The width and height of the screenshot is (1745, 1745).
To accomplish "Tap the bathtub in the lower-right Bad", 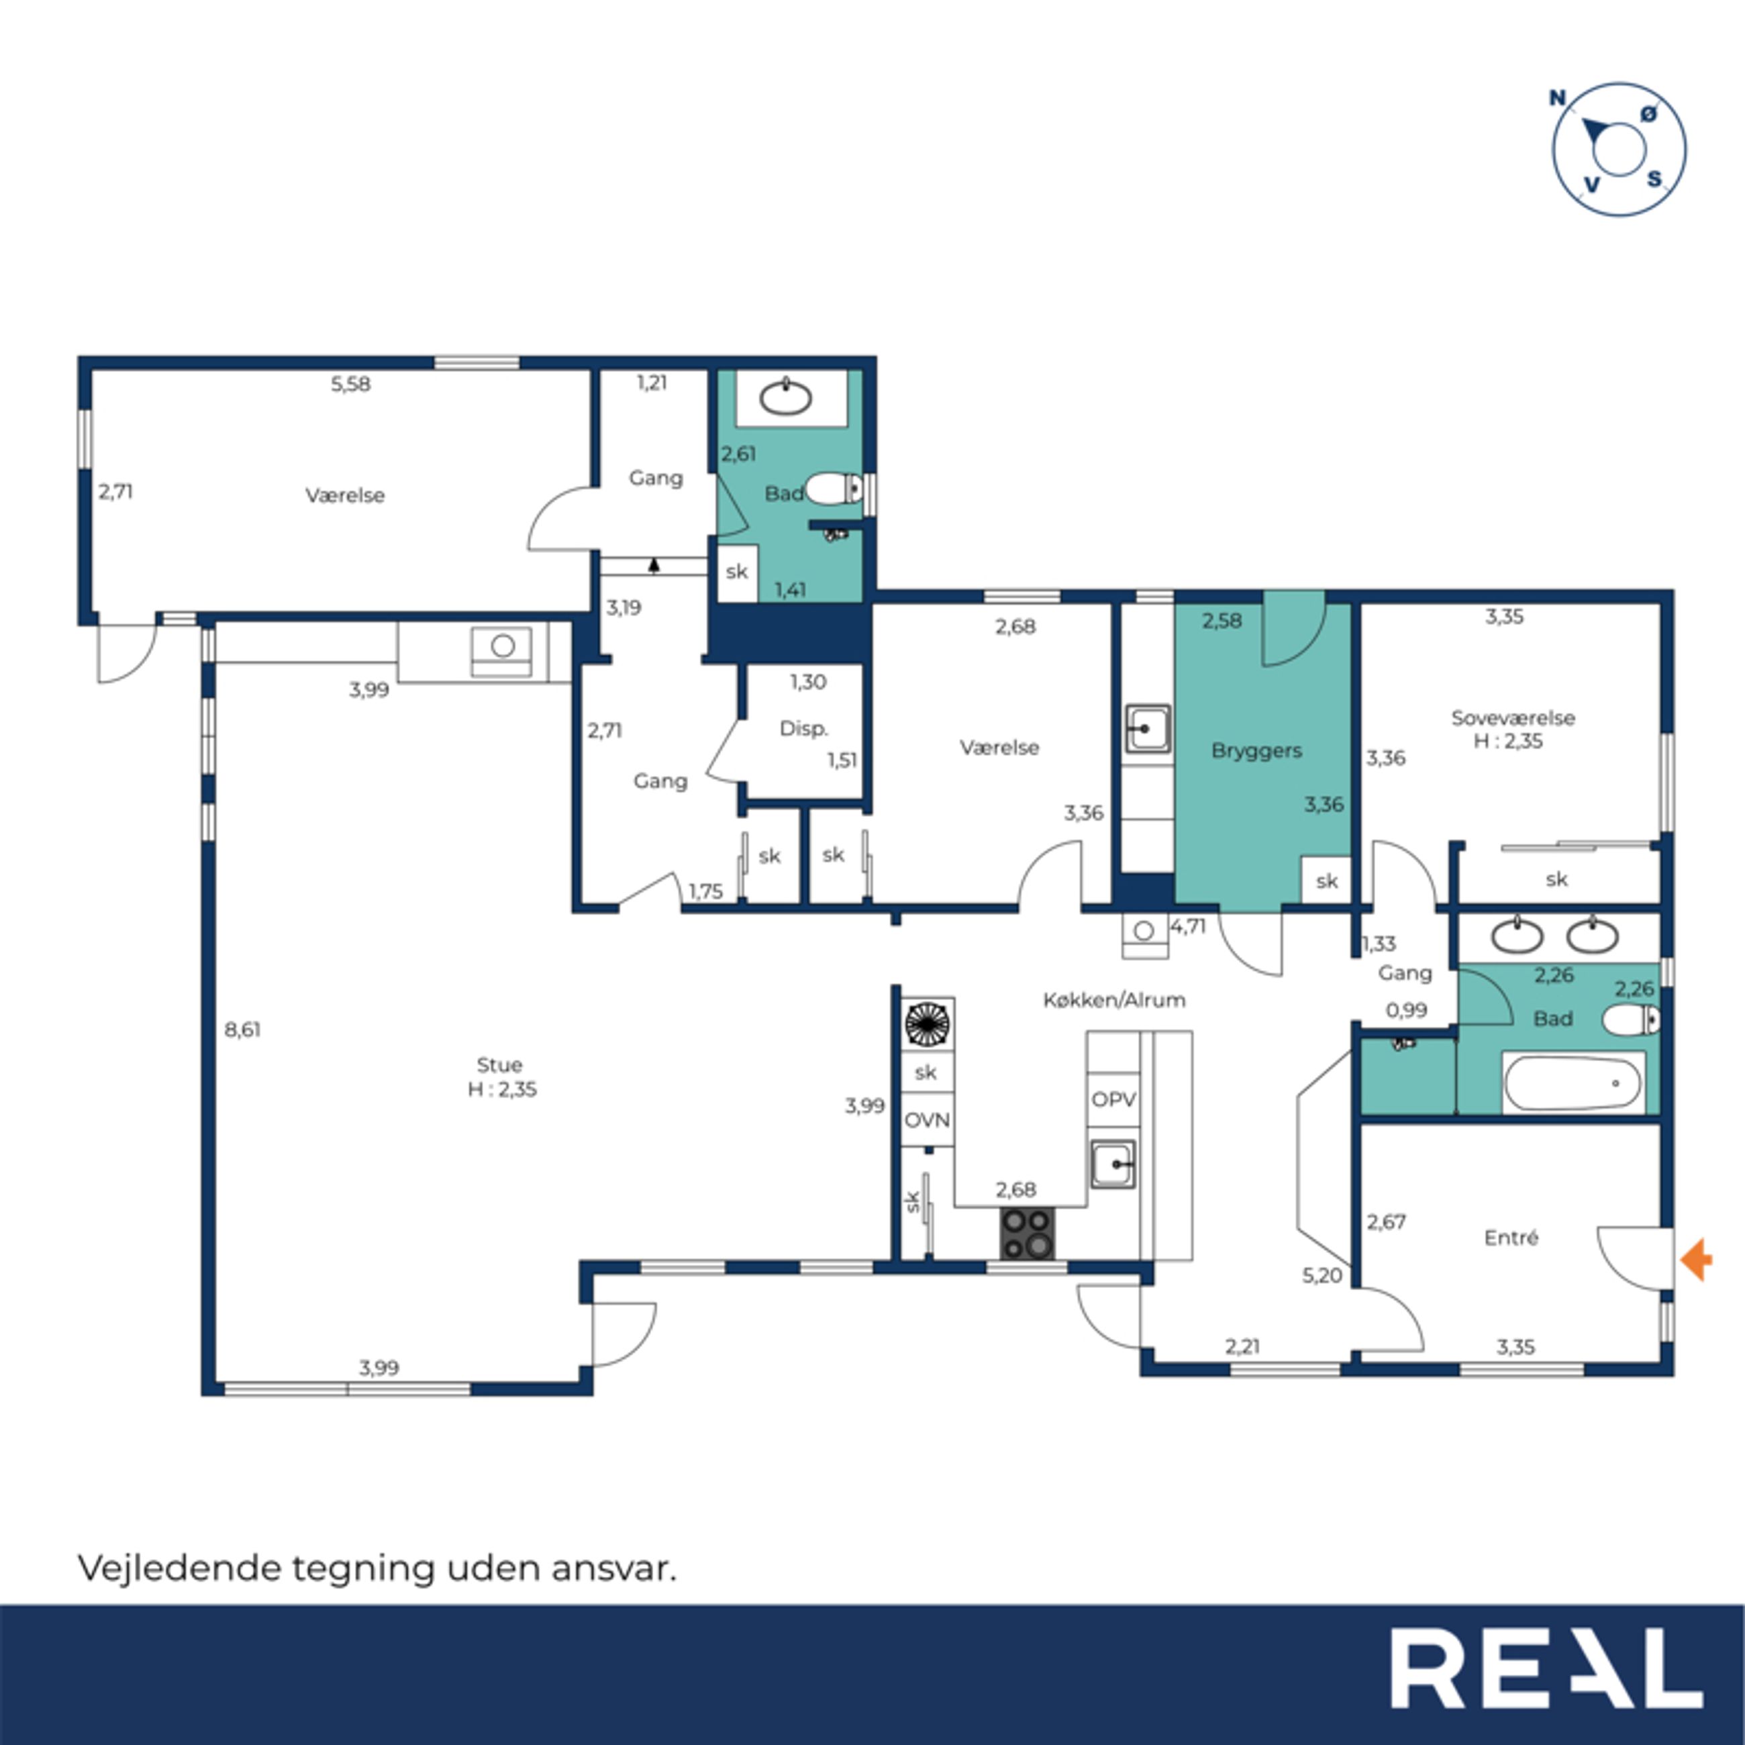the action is (1573, 1082).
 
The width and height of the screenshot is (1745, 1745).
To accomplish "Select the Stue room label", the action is (499, 1065).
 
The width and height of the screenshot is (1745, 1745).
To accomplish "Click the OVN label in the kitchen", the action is (928, 1120).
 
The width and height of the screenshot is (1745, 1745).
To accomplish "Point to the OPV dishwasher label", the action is (1113, 1099).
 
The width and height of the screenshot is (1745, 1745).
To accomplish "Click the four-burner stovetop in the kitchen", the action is (1028, 1234).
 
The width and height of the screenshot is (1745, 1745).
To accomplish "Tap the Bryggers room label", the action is (1256, 750).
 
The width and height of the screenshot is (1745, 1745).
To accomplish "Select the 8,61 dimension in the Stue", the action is (243, 1030).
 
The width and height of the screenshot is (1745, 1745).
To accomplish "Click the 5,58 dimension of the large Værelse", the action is (350, 384).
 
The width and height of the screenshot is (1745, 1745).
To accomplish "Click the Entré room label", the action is (1511, 1238).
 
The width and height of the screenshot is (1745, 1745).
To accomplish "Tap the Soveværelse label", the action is (1513, 718).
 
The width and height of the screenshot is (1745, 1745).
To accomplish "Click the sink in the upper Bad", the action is (785, 397).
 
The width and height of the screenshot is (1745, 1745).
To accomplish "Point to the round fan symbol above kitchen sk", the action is (928, 1024).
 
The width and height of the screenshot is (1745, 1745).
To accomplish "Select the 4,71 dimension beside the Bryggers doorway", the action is (1188, 926).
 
